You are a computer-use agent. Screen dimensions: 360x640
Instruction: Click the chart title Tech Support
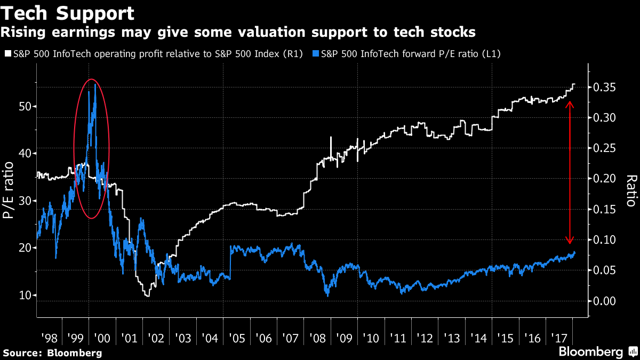tap(67, 12)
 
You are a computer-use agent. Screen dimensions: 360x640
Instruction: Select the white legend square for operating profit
tap(7, 54)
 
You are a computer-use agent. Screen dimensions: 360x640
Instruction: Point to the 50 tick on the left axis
tap(25, 107)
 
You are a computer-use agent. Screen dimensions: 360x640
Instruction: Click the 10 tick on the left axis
tap(25, 295)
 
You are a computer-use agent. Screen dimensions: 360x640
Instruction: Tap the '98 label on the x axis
tap(49, 338)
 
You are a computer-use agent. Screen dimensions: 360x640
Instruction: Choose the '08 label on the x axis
tap(318, 338)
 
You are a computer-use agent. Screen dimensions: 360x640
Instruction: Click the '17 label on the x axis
tap(559, 338)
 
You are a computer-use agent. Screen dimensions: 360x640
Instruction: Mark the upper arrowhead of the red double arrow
tap(570, 103)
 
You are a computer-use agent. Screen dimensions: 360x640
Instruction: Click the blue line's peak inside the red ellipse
tap(95, 84)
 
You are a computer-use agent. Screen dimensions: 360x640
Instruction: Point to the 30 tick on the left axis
tap(25, 201)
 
